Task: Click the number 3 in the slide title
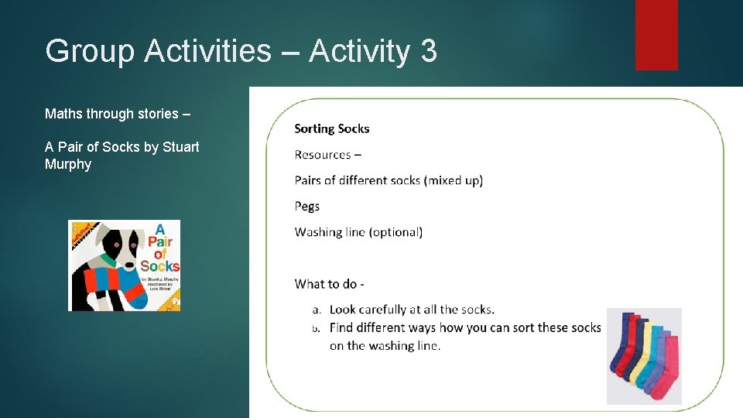pos(429,51)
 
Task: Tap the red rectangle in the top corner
pos(656,34)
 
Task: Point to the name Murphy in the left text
pos(68,164)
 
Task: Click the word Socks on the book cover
pos(159,266)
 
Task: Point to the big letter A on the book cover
pos(161,230)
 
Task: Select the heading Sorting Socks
pos(332,128)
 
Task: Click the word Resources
pos(323,154)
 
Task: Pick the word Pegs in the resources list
pos(307,206)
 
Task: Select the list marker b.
pos(316,328)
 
